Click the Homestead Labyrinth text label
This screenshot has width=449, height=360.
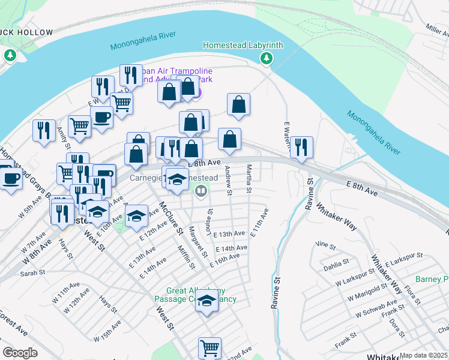click(243, 45)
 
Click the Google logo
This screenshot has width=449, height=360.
click(20, 353)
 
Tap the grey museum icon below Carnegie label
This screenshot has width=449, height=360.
click(201, 192)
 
